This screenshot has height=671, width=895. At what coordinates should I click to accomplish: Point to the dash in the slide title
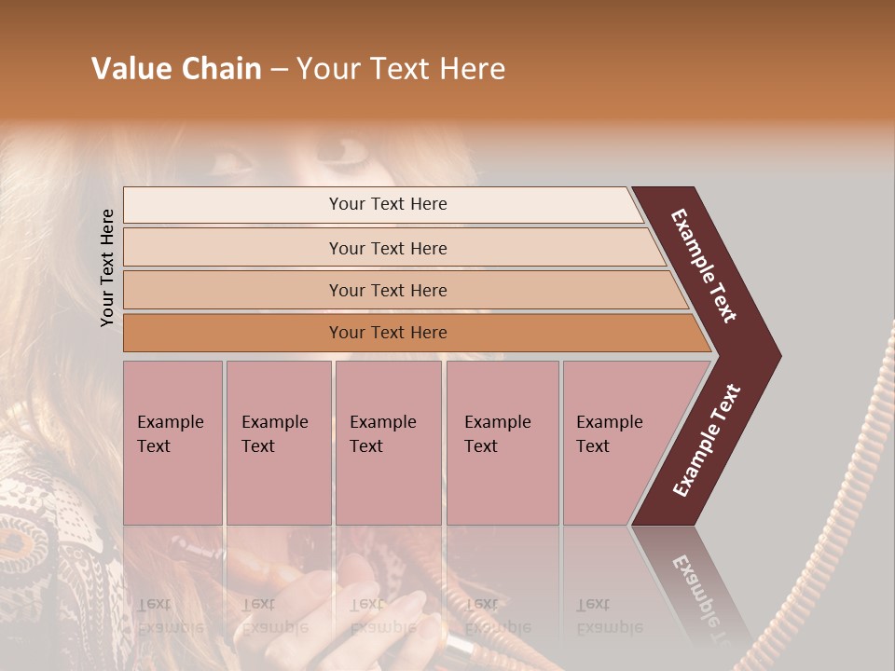click(279, 70)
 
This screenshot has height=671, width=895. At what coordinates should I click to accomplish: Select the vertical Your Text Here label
click(107, 267)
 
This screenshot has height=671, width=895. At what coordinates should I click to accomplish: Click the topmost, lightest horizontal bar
click(387, 204)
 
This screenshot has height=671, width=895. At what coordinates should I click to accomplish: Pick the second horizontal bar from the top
click(387, 248)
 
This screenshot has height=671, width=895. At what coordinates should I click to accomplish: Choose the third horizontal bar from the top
click(387, 290)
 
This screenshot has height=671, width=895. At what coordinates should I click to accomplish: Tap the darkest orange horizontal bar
click(387, 333)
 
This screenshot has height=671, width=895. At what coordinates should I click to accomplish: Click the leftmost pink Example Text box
click(172, 442)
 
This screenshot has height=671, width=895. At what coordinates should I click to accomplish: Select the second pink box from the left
click(278, 442)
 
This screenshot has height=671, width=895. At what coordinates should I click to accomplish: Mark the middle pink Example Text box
click(388, 442)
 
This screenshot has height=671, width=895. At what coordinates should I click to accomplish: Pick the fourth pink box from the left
click(502, 442)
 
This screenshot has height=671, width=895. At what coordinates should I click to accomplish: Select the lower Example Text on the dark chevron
click(706, 441)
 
